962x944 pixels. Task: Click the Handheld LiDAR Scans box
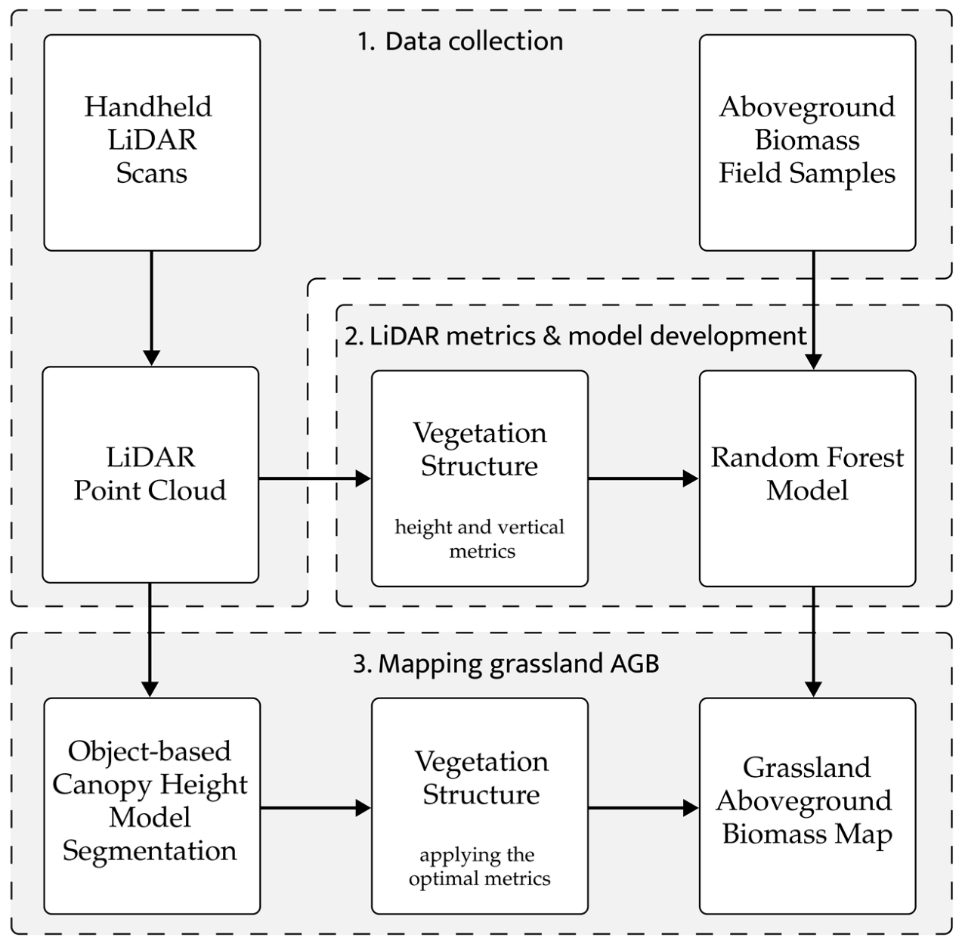pos(151,142)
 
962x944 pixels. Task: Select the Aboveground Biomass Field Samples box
pos(807,142)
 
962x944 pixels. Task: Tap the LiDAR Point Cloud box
pos(150,475)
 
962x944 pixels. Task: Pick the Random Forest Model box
pos(807,478)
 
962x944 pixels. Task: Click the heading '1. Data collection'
pos(460,41)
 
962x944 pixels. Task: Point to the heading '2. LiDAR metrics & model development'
pos(575,336)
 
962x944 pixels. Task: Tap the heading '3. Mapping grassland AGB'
pos(506,664)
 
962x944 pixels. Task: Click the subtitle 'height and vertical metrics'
pos(480,538)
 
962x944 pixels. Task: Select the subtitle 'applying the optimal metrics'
pos(479,866)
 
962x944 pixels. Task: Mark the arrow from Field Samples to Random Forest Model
pos(813,310)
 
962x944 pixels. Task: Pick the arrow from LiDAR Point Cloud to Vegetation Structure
pos(314,478)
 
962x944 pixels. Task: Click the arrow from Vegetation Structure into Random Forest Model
pos(643,478)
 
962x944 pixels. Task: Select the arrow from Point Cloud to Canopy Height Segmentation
pos(150,639)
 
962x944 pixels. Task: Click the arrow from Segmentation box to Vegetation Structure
pos(315,808)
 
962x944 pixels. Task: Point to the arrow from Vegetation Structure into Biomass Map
pos(643,808)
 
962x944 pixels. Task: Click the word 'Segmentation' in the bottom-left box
pos(150,851)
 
